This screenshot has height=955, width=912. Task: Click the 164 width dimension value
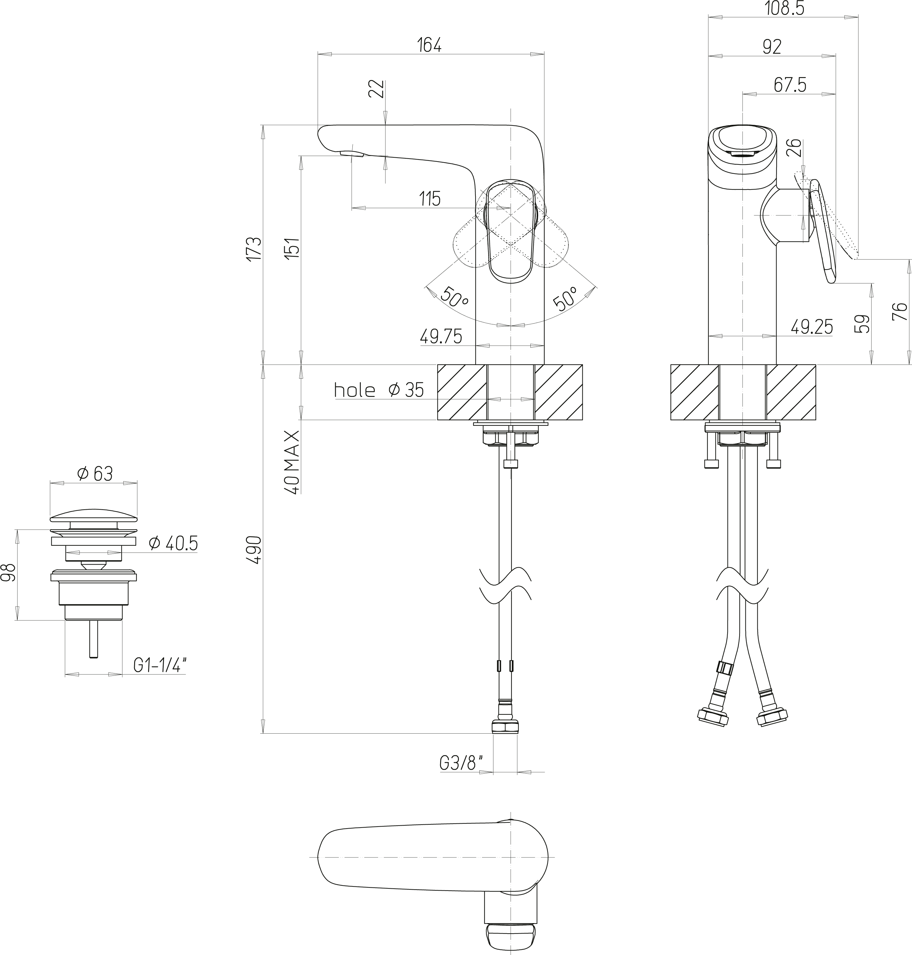click(429, 45)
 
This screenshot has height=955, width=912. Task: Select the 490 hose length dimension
click(254, 550)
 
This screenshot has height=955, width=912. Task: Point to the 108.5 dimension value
click(785, 8)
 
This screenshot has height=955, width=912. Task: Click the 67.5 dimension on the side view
click(790, 85)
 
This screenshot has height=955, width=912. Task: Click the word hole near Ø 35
click(354, 390)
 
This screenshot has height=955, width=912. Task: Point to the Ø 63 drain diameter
click(95, 473)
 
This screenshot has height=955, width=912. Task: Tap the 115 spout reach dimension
click(430, 199)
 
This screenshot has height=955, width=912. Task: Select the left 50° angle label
click(454, 297)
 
